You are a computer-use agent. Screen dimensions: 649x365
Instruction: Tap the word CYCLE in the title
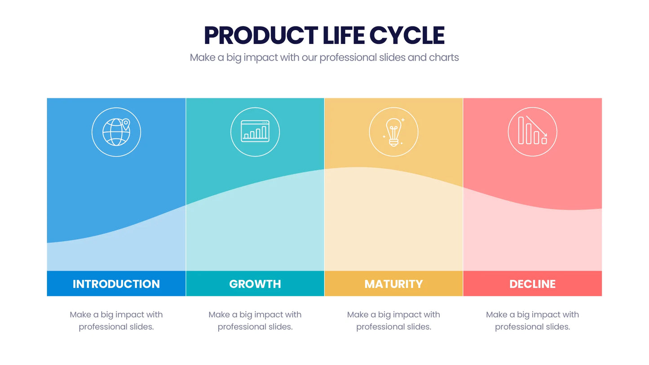tap(407, 35)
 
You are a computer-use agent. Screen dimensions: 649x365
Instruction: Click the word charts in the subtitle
tap(444, 57)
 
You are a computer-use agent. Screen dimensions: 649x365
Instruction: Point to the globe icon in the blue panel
tap(116, 132)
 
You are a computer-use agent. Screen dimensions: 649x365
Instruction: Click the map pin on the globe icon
tap(126, 124)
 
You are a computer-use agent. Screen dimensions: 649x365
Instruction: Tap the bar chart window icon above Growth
tap(255, 131)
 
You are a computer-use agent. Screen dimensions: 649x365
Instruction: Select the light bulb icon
tap(393, 132)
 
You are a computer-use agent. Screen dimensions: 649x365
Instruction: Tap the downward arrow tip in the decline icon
tap(546, 135)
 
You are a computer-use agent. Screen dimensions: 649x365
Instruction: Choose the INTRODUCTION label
tap(116, 284)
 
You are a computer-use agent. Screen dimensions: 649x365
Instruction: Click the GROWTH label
tap(255, 284)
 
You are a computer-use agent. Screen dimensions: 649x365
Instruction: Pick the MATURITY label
tap(393, 284)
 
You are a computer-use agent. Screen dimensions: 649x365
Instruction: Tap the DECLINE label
tap(533, 284)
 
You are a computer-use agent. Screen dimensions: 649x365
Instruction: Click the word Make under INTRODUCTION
tap(80, 315)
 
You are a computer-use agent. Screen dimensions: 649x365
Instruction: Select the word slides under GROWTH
tap(280, 327)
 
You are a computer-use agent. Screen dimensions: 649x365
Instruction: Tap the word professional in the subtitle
tap(348, 58)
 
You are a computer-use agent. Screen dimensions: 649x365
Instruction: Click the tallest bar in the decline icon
tap(521, 130)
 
